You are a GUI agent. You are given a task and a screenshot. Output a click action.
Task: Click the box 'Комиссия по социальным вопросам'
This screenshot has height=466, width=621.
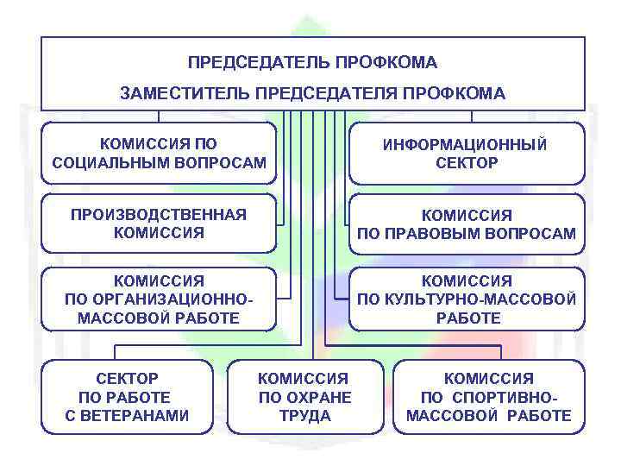click(159, 153)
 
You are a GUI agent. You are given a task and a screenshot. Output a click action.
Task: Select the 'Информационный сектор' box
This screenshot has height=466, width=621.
click(466, 153)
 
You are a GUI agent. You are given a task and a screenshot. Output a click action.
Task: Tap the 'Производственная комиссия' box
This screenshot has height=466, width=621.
click(159, 223)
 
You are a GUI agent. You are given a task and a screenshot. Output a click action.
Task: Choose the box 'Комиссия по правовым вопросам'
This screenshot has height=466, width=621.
click(466, 224)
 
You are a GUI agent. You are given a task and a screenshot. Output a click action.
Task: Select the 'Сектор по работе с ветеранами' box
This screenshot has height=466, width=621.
click(127, 397)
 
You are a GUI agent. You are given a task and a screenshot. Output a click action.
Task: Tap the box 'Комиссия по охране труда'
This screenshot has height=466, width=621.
click(304, 397)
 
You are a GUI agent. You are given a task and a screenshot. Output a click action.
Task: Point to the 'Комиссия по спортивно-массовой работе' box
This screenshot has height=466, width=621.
click(488, 397)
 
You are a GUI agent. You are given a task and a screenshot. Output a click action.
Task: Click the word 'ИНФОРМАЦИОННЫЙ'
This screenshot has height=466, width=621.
click(466, 145)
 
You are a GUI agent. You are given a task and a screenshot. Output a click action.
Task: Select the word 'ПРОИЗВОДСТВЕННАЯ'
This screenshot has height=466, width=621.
click(159, 214)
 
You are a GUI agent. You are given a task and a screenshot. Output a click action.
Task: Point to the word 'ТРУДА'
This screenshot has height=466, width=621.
click(304, 416)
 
